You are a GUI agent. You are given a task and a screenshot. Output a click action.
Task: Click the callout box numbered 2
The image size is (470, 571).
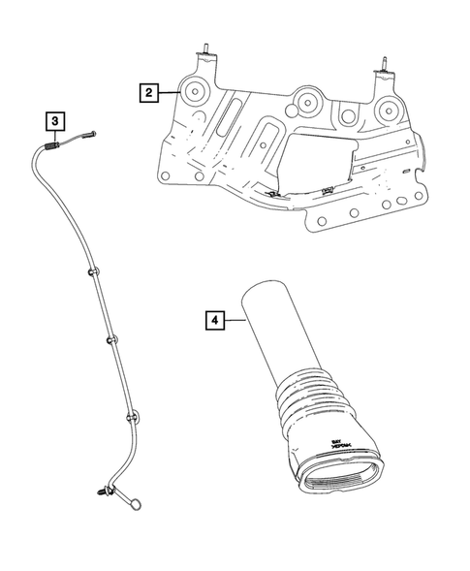point(148,93)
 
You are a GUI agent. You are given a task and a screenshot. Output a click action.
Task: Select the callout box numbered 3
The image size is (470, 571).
point(55,121)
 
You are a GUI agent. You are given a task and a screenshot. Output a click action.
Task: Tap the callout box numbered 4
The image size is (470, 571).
point(215,318)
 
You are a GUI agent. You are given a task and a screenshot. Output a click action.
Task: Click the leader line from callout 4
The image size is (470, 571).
point(238,318)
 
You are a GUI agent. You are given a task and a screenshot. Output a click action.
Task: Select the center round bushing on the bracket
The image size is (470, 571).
point(308,101)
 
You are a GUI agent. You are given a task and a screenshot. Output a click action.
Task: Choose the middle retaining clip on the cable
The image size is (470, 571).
point(111,341)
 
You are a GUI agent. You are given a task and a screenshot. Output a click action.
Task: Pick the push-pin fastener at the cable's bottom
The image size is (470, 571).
point(102,495)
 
